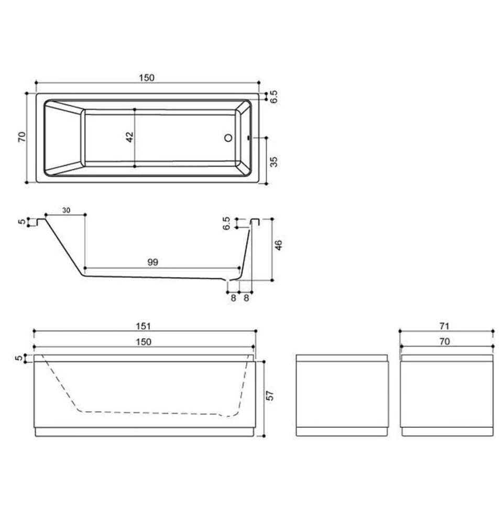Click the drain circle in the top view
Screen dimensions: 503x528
[x=228, y=137]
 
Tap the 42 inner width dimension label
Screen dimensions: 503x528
[x=129, y=137]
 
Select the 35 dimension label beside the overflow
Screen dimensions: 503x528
[x=274, y=161]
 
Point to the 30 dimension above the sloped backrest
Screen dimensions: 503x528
[x=67, y=210]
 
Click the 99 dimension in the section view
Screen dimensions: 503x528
[x=153, y=262]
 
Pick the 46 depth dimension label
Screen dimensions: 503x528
[x=279, y=245]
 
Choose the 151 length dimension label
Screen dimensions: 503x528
[x=144, y=326]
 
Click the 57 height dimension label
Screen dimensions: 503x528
[x=270, y=396]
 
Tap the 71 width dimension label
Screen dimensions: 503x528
[x=444, y=326]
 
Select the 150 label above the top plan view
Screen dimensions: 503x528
[x=147, y=78]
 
